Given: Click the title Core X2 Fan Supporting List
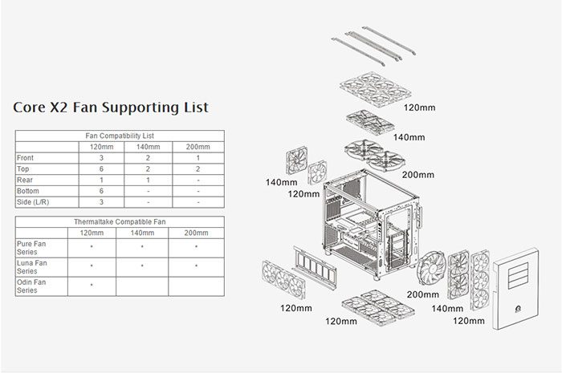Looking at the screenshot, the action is point(111,107).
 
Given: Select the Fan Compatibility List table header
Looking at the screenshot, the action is point(120,136).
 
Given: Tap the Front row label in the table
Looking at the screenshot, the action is point(25,158).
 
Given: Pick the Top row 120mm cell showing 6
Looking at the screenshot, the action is point(101,169).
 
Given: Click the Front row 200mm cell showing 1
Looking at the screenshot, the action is point(198,158).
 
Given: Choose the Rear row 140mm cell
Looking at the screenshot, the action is point(148,180).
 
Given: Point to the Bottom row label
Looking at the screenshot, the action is point(27,191).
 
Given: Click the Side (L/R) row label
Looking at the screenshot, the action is point(33,202).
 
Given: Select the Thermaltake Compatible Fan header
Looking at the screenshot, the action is point(120,222).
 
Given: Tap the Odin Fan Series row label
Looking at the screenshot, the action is point(31,286).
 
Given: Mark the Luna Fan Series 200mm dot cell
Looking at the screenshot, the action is point(197,266).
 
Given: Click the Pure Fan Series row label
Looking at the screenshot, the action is point(31,248).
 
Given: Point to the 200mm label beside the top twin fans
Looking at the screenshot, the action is point(418,175).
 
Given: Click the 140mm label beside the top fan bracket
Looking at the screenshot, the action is point(409,137).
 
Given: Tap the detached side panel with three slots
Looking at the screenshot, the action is point(515,288).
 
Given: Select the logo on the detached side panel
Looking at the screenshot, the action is point(518,309).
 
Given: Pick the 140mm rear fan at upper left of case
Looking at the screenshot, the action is point(297,160).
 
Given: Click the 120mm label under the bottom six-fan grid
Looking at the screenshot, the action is point(341,321).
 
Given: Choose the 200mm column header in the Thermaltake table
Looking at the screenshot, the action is point(196,233).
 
